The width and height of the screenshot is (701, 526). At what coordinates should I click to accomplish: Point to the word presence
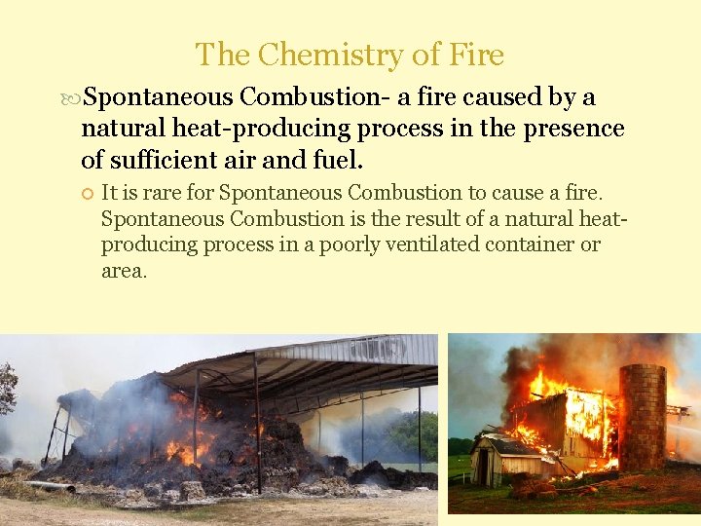(575, 129)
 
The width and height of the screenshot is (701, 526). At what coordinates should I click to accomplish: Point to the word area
(124, 271)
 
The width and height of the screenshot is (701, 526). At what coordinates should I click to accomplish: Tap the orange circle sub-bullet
(86, 193)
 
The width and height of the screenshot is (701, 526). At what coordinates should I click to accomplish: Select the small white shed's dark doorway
(480, 466)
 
